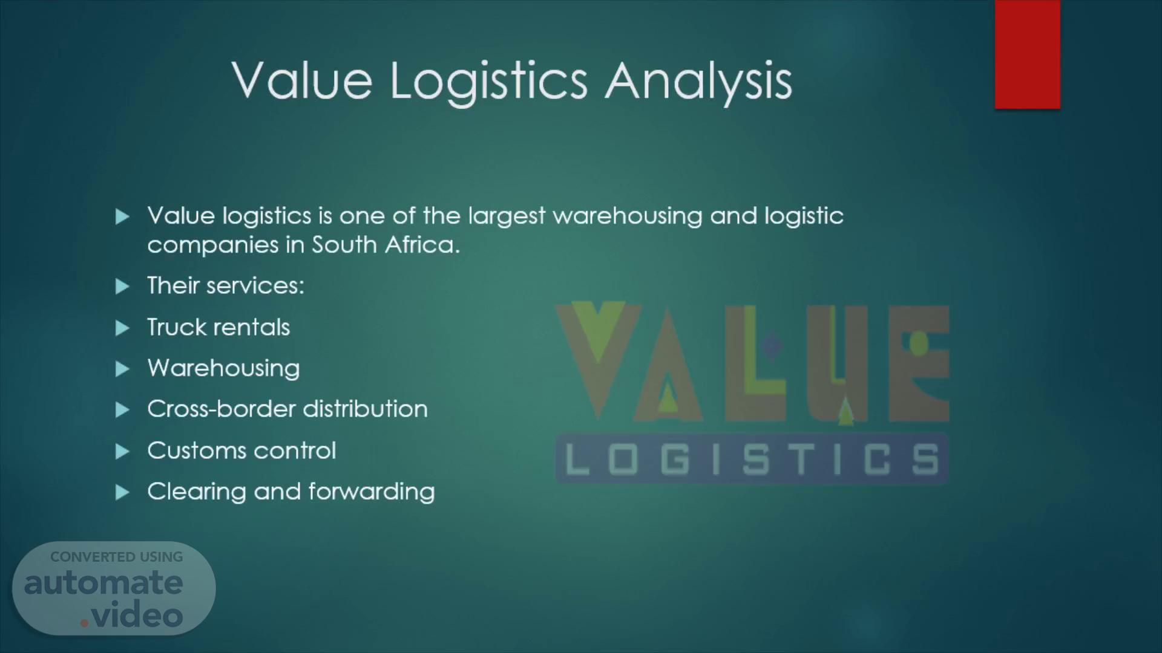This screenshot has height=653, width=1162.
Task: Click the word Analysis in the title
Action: point(699,82)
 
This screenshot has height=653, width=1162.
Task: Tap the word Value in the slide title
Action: point(302,80)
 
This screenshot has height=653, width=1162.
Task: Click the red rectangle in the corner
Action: point(1027,54)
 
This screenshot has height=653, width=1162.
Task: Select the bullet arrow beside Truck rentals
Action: point(122,328)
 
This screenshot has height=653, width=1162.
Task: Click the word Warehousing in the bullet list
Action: point(223,368)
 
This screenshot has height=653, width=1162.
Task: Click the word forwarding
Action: point(372,492)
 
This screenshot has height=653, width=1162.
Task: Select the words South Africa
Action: point(386,244)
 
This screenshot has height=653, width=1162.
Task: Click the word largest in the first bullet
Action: point(507,216)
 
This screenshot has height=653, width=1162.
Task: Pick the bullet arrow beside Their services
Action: point(122,287)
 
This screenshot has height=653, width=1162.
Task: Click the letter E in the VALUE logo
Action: point(919,363)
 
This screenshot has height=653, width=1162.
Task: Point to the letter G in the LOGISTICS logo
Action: point(675,459)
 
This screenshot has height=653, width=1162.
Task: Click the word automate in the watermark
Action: point(103,583)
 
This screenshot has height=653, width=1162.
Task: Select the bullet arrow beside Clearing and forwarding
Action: point(122,493)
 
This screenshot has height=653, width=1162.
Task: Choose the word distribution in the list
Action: point(366,409)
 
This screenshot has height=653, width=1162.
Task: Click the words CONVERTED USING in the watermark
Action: point(116,557)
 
